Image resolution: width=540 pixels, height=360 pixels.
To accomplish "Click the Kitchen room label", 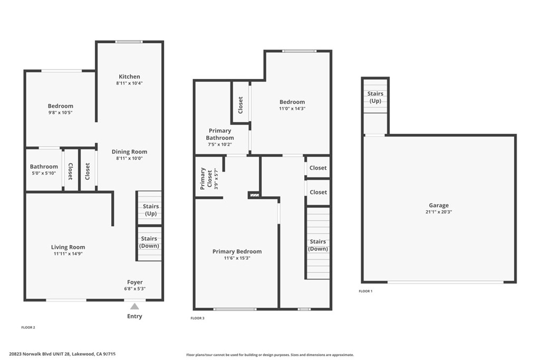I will (129, 76).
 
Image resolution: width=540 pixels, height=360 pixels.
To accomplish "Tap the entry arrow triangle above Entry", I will (134, 306).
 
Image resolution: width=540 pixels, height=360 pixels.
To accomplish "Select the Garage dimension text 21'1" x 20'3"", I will (439, 212).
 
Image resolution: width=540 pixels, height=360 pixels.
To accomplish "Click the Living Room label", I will (68, 247).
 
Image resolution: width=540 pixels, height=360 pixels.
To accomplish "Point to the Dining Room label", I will (129, 152).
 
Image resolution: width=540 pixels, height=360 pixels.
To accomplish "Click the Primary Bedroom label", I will (237, 251).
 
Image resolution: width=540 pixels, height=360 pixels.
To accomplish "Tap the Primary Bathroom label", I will (220, 134).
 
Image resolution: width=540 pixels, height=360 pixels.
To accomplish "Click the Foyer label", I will (134, 282).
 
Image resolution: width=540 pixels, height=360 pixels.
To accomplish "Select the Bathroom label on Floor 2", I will (44, 167).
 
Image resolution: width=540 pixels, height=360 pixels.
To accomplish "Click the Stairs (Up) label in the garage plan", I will (375, 97).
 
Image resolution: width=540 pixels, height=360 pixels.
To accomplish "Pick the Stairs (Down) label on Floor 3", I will (318, 245).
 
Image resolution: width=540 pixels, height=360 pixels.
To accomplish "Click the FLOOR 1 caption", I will (365, 291).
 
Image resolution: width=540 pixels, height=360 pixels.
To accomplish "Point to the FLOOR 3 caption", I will (197, 318).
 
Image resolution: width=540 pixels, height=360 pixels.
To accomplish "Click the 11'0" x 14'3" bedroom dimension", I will (292, 109).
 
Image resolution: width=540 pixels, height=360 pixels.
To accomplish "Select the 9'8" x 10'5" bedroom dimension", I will (61, 112).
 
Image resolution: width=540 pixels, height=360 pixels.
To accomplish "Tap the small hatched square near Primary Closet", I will (255, 195).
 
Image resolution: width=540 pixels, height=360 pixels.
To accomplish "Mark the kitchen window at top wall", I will (129, 42).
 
